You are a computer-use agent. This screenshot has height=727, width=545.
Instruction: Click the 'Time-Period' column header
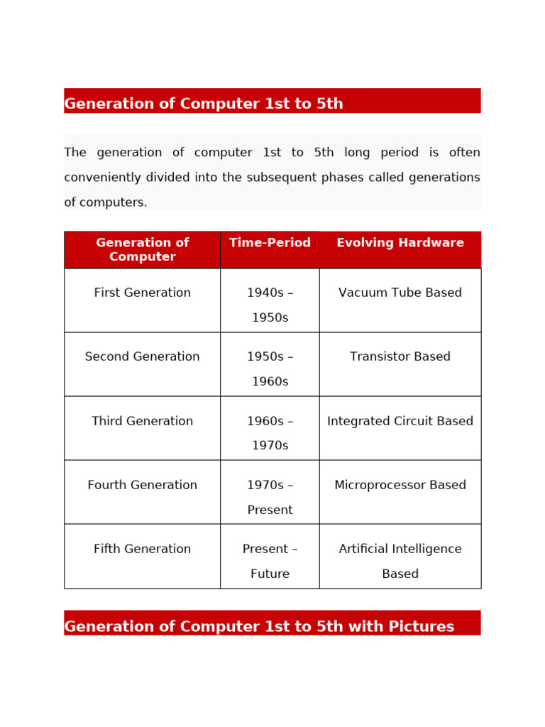point(270,243)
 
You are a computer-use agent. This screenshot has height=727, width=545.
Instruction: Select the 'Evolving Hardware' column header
point(400,243)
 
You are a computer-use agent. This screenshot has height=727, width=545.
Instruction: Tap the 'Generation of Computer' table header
point(142,250)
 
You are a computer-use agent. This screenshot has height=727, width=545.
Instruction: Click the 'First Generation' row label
point(142,293)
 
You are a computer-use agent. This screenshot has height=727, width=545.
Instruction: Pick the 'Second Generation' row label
point(142,357)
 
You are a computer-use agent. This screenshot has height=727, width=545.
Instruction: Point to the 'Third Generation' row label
point(142,422)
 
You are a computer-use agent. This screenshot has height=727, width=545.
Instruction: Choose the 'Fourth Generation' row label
point(142,486)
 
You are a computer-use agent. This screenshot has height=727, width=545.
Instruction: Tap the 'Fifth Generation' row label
point(142,550)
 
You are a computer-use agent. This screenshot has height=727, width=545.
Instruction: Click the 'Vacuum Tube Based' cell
point(400,293)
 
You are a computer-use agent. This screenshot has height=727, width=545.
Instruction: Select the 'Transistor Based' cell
point(400,357)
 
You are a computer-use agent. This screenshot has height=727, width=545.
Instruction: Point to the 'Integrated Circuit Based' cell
point(400,422)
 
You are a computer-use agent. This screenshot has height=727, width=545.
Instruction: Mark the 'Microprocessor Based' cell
point(400,486)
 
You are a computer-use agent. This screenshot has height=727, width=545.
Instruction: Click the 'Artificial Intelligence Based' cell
point(400,561)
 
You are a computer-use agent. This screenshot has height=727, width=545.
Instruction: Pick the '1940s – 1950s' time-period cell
point(270,305)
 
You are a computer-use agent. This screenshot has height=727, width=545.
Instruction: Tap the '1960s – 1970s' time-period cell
point(270,433)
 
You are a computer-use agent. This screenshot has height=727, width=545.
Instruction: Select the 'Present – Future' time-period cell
point(270,561)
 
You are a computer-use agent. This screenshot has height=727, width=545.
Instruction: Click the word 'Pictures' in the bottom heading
point(422,627)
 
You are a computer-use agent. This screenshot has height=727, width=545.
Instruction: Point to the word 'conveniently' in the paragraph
point(103,177)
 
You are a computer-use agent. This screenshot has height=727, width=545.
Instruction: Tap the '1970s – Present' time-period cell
point(270,497)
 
